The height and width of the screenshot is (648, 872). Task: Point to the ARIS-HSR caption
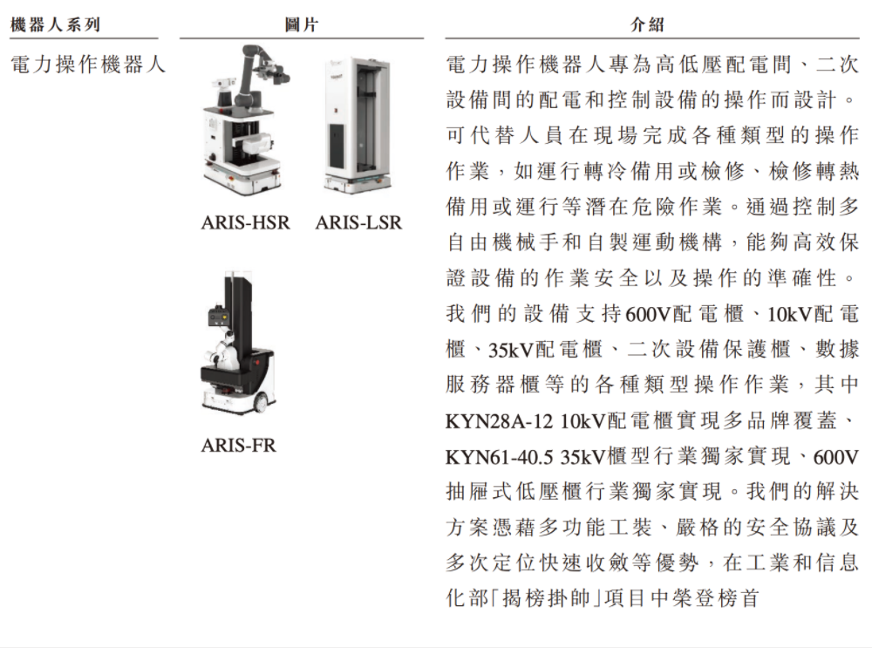click(245, 222)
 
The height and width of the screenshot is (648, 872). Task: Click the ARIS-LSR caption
click(358, 222)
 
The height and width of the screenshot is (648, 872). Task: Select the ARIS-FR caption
click(238, 446)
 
